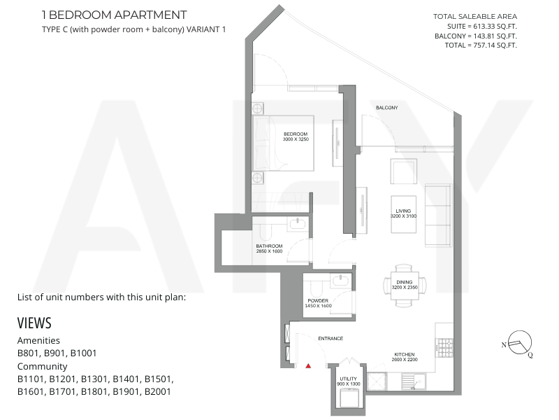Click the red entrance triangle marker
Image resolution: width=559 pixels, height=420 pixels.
[x=308, y=365]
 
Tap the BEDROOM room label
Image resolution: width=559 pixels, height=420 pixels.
[x=296, y=134]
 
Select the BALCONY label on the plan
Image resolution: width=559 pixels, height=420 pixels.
[x=387, y=108]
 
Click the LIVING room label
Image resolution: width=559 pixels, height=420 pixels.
[x=403, y=211]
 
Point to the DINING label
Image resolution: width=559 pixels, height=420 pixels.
[x=405, y=282]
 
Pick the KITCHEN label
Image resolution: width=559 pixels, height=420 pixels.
[x=405, y=354]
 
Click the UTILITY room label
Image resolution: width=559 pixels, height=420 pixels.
[x=348, y=379]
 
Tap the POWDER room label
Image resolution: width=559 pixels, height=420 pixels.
[x=318, y=300]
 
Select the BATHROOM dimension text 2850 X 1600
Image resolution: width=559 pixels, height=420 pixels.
[x=269, y=251]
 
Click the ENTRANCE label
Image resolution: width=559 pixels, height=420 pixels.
[x=331, y=338]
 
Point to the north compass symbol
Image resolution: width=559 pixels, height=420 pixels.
[x=518, y=343]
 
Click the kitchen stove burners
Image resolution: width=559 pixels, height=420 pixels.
[x=445, y=347]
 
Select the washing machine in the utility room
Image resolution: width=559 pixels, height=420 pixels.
[x=348, y=398]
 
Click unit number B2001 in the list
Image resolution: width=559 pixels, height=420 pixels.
[x=158, y=391]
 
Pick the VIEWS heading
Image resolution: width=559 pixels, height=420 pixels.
[x=34, y=323]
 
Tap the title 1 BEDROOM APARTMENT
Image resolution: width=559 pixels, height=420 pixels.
[x=114, y=15]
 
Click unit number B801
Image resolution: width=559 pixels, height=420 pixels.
[x=29, y=353]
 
